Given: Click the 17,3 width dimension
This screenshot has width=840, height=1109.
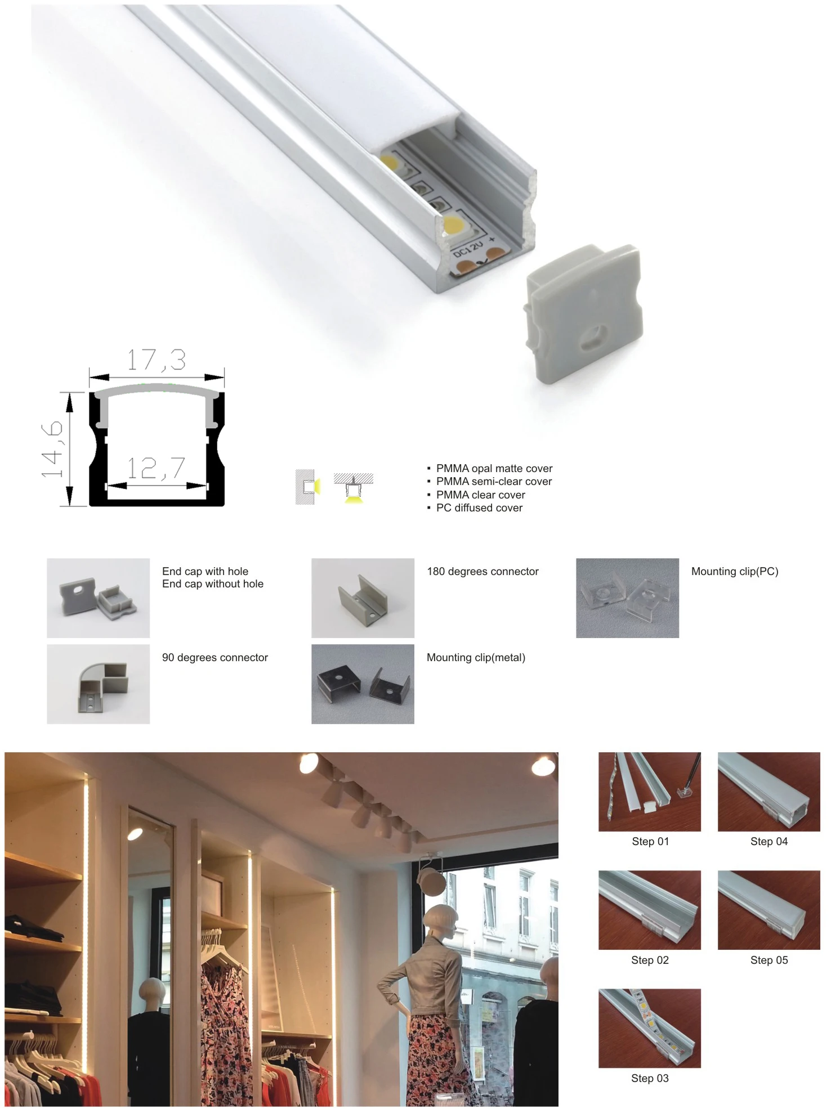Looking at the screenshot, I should (156, 360).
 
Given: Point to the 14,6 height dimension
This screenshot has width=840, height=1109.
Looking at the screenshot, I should (52, 449).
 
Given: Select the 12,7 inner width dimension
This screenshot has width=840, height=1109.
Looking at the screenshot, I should (156, 468).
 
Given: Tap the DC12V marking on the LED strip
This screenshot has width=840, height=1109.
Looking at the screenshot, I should (468, 248).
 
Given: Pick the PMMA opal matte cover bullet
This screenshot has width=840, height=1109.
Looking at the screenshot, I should (494, 468).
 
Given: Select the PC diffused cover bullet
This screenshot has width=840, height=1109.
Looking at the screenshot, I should (479, 508).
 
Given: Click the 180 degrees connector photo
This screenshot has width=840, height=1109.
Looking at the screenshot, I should (363, 598).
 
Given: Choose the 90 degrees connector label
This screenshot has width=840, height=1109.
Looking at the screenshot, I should (215, 657).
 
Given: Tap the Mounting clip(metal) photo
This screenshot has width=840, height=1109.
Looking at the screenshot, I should (363, 684).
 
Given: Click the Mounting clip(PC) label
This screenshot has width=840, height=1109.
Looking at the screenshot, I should (734, 571).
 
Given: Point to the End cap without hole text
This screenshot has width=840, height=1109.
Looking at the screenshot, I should (212, 584).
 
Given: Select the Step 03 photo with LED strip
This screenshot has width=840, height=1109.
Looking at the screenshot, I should (649, 1028).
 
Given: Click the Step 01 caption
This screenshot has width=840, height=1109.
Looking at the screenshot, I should (650, 841).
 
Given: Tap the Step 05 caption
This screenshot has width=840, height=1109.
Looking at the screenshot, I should (768, 960).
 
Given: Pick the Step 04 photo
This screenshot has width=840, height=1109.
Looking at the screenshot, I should (768, 791).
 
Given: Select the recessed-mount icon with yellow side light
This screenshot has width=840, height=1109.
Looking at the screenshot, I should (307, 487).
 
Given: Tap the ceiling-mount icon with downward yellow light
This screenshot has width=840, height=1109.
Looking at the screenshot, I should (353, 487).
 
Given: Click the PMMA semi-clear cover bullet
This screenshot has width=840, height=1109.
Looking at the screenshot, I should (494, 481).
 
